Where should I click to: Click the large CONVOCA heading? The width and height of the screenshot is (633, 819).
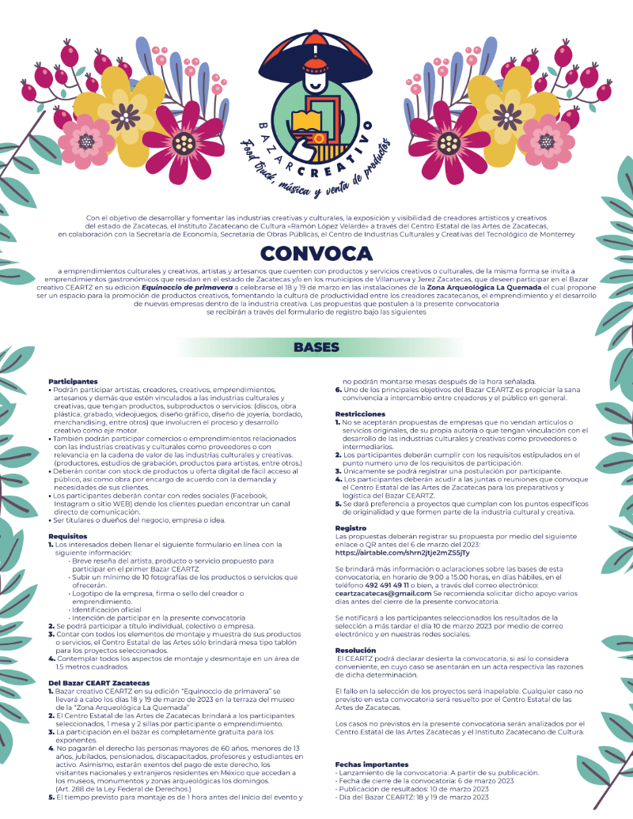pos(316,253)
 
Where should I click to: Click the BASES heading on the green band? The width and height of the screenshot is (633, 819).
pos(316,347)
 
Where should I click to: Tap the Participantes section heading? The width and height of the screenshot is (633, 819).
pos(73,381)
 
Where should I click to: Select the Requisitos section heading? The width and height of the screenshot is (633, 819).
pos(67,535)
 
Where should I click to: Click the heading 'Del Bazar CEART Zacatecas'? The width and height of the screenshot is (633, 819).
pos(99,681)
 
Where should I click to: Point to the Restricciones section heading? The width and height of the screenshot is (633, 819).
pos(360,413)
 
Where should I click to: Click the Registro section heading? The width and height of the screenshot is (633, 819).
pos(351,526)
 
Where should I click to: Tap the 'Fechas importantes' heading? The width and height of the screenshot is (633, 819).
pos(372,764)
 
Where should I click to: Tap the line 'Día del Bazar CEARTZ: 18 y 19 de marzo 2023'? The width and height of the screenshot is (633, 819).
pos(412,796)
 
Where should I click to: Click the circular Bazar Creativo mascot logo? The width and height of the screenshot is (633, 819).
pos(316,103)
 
